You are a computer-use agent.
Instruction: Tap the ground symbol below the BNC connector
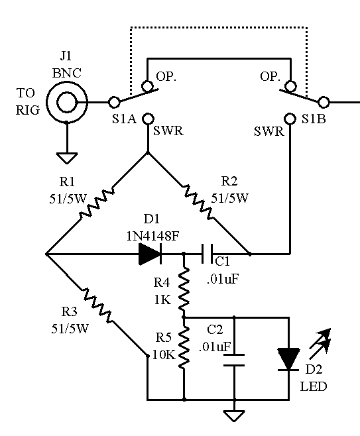pyautogui.click(x=67, y=158)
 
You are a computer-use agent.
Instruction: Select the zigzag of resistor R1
pyautogui.click(x=97, y=203)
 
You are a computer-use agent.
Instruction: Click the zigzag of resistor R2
pyautogui.click(x=198, y=201)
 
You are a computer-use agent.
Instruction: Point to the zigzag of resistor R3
pyautogui.click(x=97, y=305)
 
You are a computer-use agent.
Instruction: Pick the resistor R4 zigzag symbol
pyautogui.click(x=184, y=289)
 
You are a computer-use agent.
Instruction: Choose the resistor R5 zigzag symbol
pyautogui.click(x=184, y=348)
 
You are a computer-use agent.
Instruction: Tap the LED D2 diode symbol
pyautogui.click(x=289, y=359)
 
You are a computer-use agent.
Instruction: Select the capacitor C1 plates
pyautogui.click(x=207, y=254)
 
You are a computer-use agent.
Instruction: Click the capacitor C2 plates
pyautogui.click(x=234, y=360)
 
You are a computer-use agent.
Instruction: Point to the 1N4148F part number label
pyautogui.click(x=152, y=237)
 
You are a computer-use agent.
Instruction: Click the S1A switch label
pyautogui.click(x=125, y=119)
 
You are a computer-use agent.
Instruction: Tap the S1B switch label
pyautogui.click(x=314, y=119)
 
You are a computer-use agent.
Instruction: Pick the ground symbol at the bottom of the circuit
pyautogui.click(x=234, y=415)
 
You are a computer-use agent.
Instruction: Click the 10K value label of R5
pyautogui.click(x=164, y=354)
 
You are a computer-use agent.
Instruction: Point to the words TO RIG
pyautogui.click(x=27, y=101)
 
